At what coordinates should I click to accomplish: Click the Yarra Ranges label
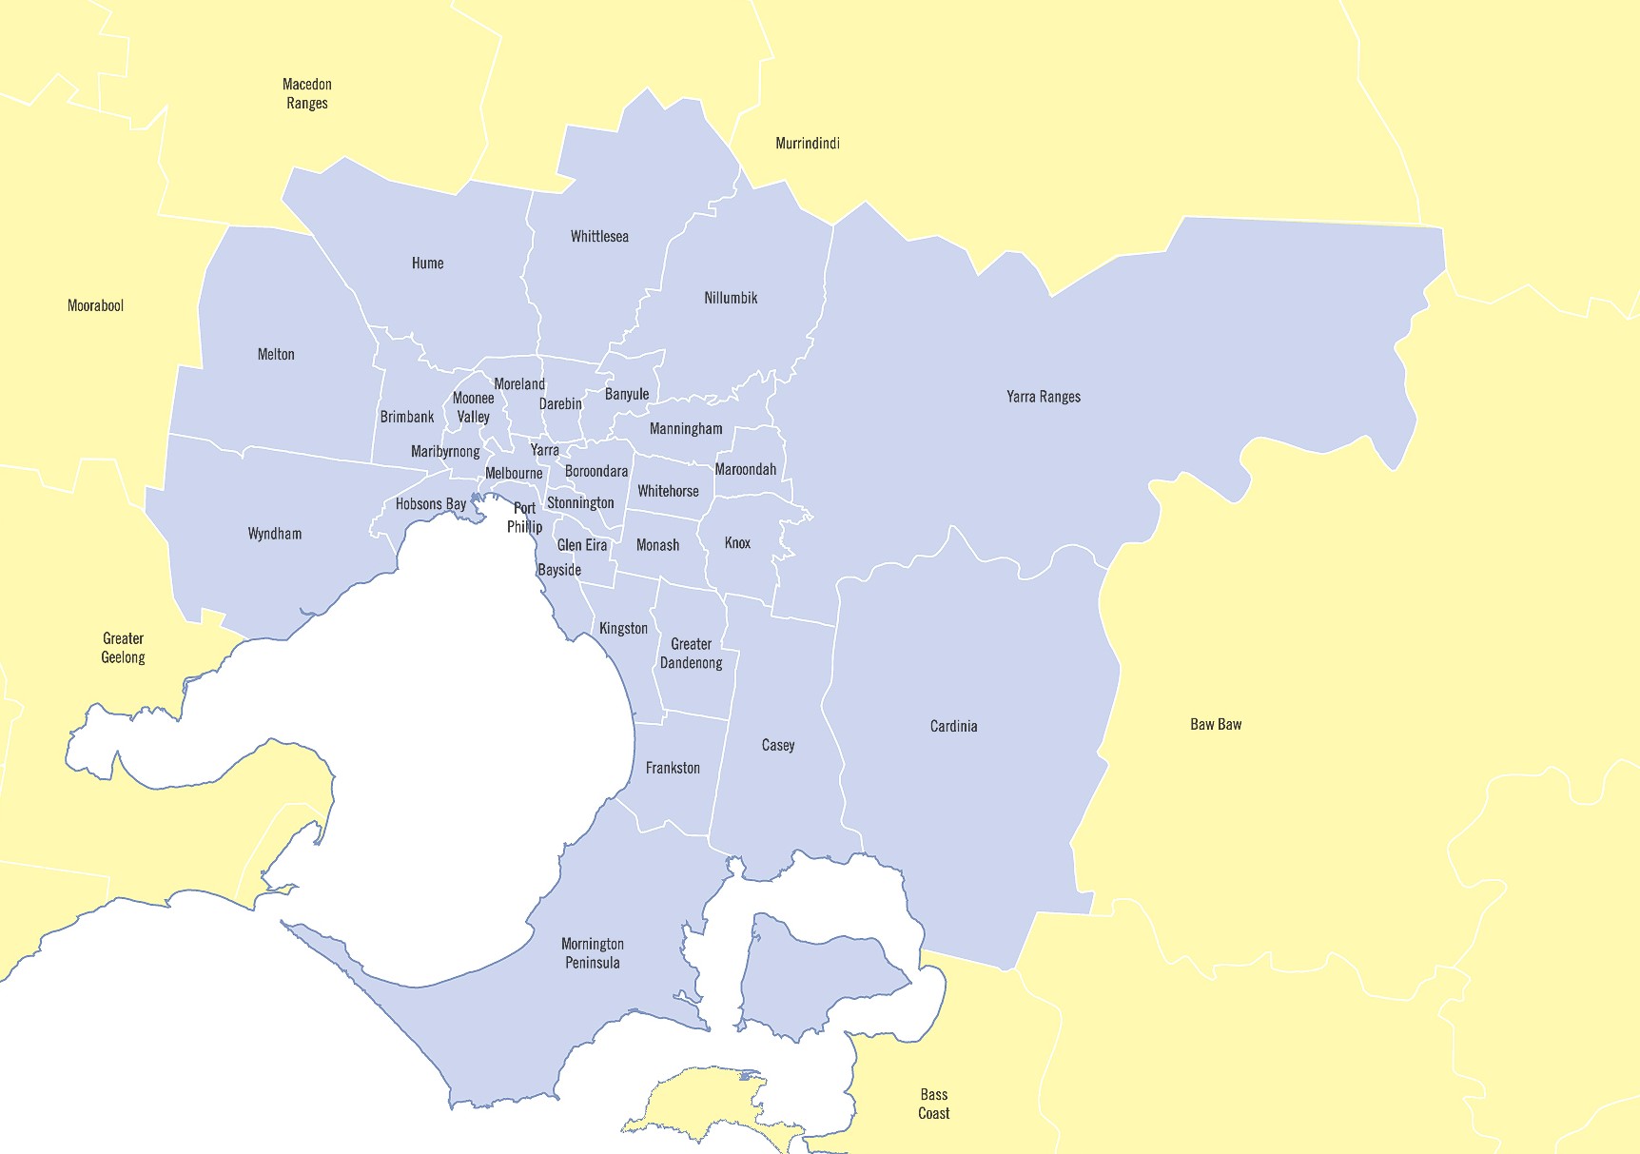(1044, 397)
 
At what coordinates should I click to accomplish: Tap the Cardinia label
(953, 726)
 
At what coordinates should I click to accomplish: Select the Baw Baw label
(1216, 724)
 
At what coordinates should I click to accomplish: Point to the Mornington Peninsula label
(592, 953)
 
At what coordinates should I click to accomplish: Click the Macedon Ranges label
(307, 94)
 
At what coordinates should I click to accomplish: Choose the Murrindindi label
(808, 144)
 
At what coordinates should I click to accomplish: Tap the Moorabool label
(95, 305)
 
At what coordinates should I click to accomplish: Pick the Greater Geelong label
(123, 648)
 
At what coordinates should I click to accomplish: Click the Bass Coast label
(933, 1104)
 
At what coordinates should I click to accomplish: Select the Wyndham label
(275, 534)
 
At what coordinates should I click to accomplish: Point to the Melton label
(276, 354)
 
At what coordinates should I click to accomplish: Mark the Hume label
(427, 263)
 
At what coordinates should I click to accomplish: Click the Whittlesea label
(599, 236)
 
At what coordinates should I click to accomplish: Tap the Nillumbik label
(731, 298)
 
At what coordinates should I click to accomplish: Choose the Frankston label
(673, 768)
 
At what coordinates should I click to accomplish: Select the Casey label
(778, 745)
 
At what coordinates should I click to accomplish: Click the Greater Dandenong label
(691, 654)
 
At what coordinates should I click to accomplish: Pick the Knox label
(737, 543)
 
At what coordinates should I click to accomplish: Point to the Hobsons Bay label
(431, 504)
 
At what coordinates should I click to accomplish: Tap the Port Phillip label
(524, 518)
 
